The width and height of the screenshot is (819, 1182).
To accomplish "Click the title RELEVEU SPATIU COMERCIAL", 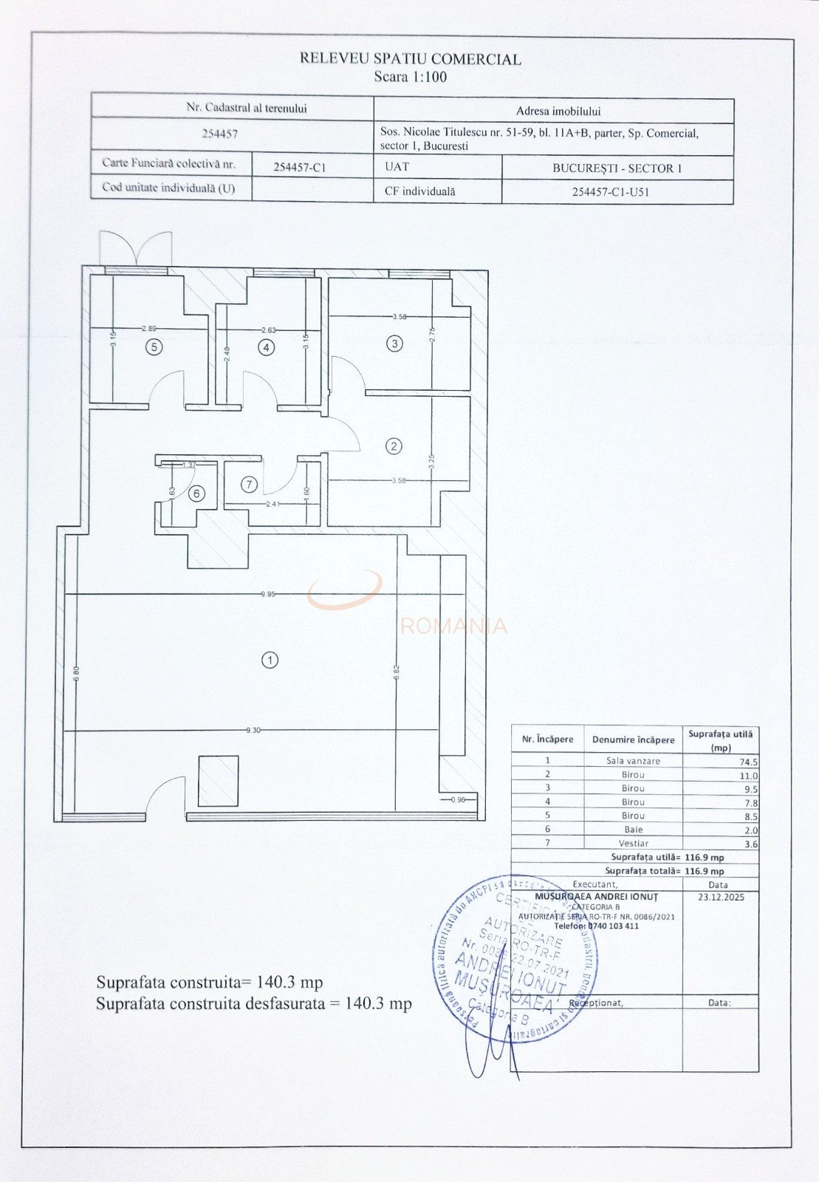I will pos(410,59).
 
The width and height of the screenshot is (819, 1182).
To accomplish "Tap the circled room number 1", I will pos(270,660).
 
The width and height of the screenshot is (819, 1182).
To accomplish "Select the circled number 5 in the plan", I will pos(154,346).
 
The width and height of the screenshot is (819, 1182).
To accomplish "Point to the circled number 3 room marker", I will pos(395,344).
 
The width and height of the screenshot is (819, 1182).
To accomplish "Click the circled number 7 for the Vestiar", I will pos(250,485).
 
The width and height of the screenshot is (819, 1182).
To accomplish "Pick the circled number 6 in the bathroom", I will pos(196,493).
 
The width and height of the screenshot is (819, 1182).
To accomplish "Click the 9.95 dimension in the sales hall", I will pos(267,594).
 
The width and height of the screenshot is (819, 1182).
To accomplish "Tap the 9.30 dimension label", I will pos(253,730).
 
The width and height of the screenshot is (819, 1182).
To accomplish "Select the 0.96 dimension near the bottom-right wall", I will pos(458,799).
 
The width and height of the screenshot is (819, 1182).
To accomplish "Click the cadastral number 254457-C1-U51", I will pos(610,192).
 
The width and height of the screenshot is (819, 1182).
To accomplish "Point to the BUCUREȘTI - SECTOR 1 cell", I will pos(617,168).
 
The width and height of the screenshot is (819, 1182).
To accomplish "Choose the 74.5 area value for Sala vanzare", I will pos(749,762).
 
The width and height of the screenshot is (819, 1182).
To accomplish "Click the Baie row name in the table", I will pos(633,830).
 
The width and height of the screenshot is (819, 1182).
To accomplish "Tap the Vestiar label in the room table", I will pos(633,843).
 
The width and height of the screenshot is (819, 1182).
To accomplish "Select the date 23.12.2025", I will pos(721,897).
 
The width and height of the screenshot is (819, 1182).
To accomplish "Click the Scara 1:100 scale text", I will pos(410,77).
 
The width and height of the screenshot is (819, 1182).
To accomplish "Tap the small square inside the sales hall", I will pos(218,781).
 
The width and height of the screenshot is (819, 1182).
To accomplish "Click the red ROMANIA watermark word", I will pos(453,626).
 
